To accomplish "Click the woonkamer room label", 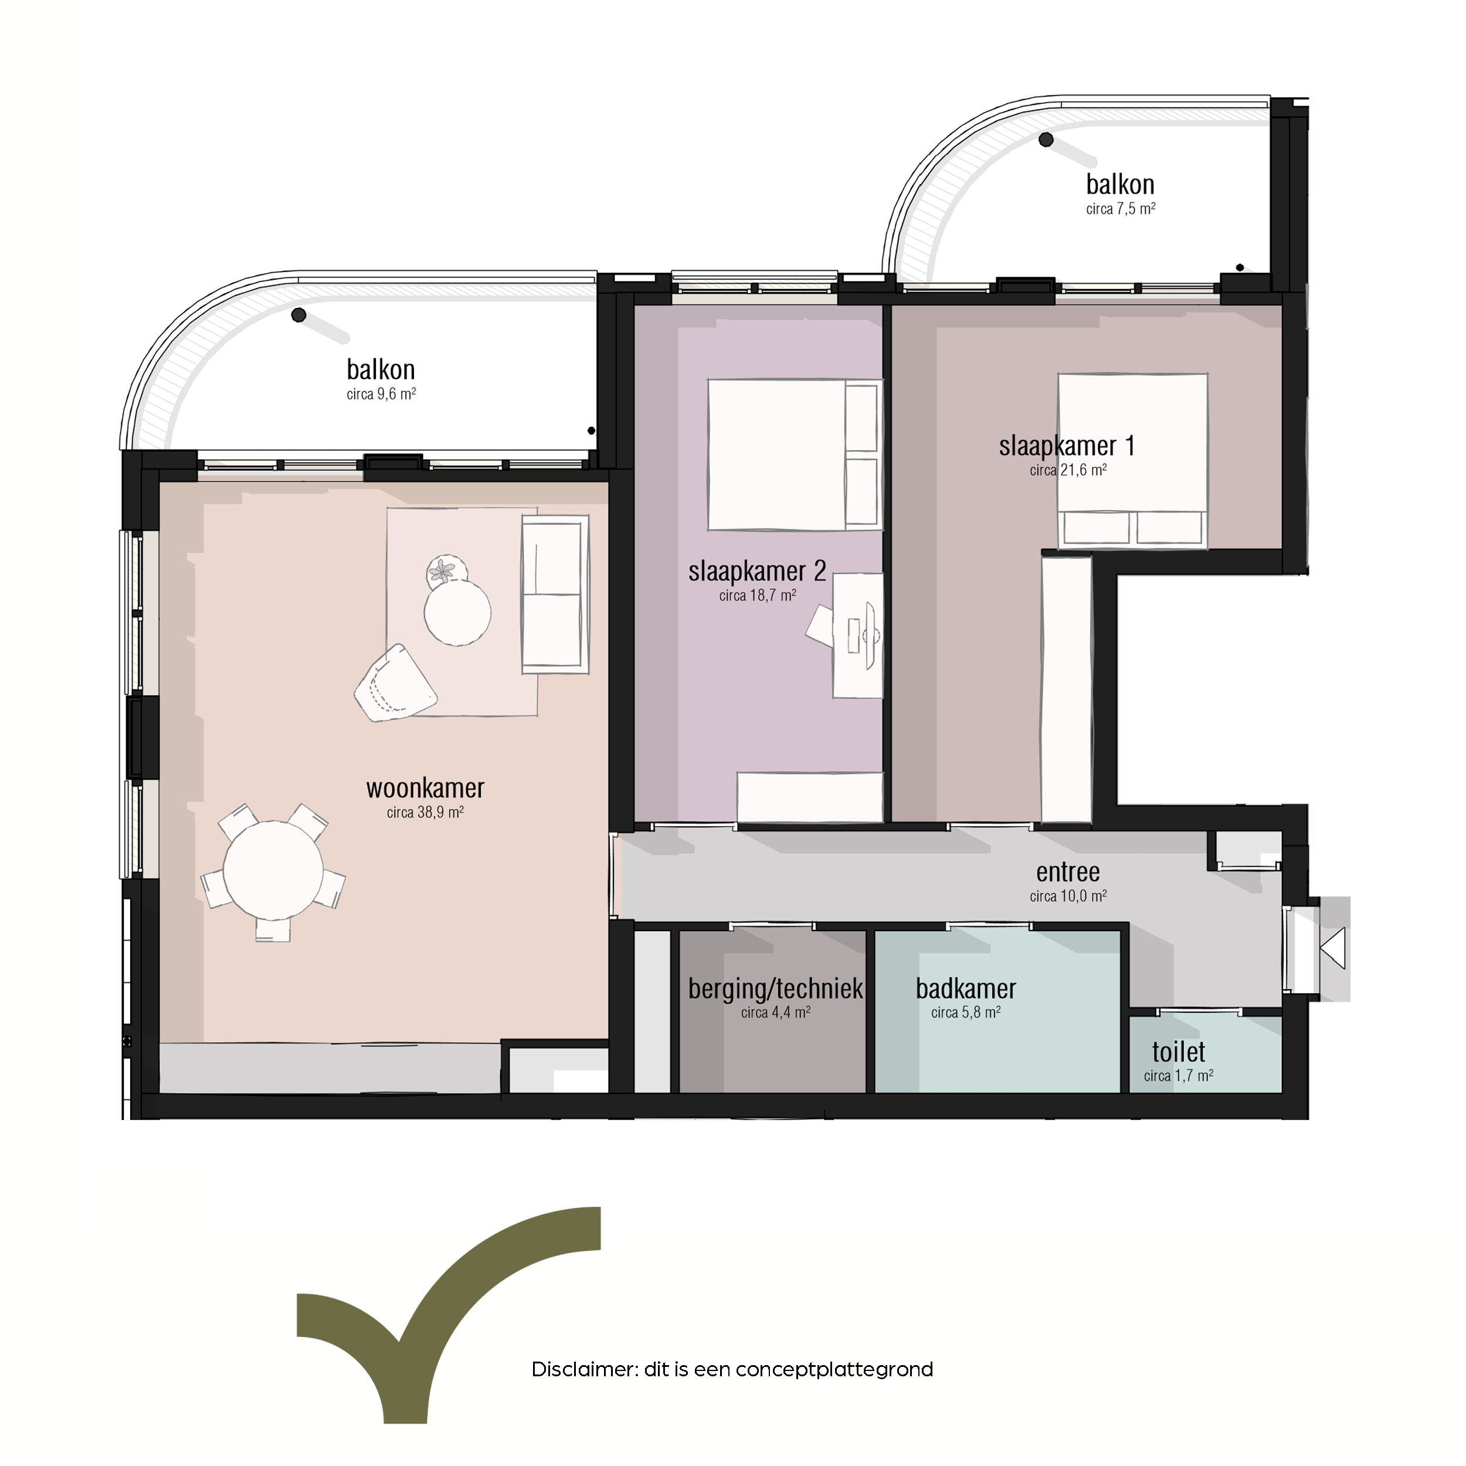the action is [425, 788].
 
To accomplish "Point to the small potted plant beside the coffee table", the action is [446, 570].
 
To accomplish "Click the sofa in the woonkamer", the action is [555, 594].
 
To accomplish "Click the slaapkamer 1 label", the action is [1067, 446].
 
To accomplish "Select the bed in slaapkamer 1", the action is [1132, 460].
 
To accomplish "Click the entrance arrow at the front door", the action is [1334, 948].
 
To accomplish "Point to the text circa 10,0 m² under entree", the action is [1068, 896].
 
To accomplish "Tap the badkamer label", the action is [965, 989].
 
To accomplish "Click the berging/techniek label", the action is [775, 989].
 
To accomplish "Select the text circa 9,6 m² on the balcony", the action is [381, 395].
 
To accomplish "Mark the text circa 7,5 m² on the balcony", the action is [1121, 209].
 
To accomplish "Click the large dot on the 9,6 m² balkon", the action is [299, 314].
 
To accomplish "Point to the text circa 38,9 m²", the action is [425, 813].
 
